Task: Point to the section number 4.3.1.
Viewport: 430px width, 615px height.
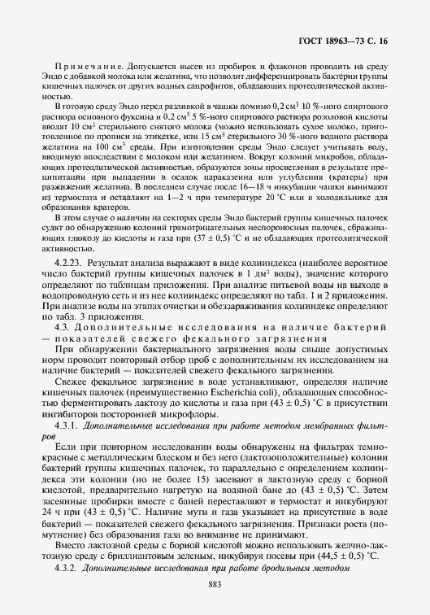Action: pyautogui.click(x=67, y=425)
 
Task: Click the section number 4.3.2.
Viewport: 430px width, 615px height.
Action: pyautogui.click(x=67, y=565)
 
